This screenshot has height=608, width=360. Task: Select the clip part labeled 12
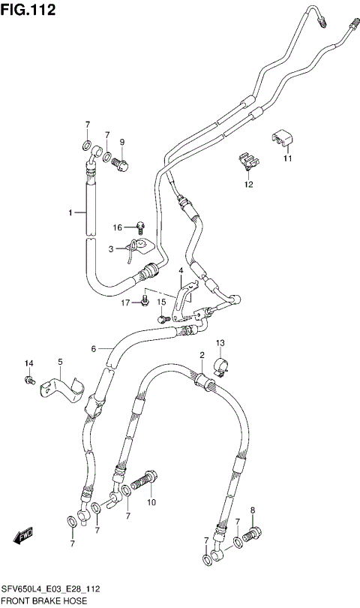245,162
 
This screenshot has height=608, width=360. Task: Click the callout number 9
122,142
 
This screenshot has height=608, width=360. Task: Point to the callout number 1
72,213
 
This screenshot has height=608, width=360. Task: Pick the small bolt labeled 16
140,225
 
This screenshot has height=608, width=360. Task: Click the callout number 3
111,248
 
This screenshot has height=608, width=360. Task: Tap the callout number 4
181,270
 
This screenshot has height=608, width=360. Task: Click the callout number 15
160,302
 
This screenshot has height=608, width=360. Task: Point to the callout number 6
94,348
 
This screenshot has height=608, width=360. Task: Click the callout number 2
202,354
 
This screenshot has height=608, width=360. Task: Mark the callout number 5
61,362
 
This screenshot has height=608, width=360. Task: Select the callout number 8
253,511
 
